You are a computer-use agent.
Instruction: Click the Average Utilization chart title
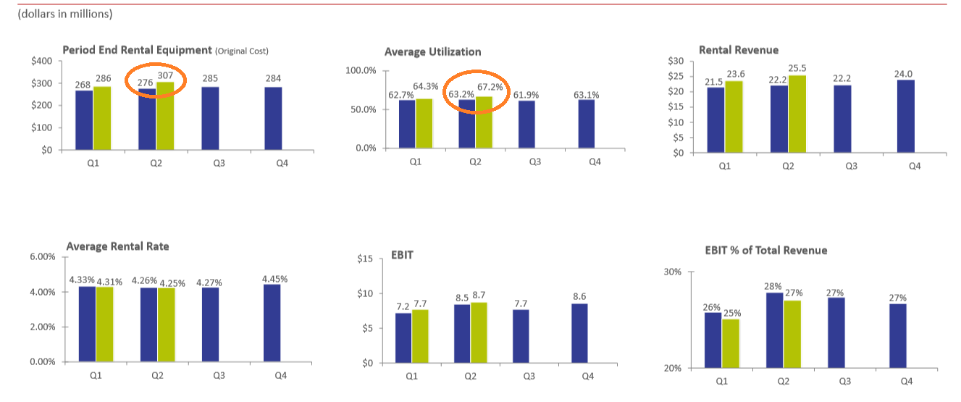(432, 51)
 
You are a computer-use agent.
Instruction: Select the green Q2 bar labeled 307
(165, 115)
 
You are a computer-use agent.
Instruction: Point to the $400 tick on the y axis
(41, 61)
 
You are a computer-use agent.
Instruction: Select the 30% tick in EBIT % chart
(673, 272)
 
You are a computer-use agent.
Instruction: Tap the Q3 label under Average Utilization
(534, 162)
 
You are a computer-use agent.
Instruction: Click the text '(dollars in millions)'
(65, 14)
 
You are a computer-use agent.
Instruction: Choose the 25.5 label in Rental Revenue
(797, 68)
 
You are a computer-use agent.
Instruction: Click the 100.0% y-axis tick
(361, 70)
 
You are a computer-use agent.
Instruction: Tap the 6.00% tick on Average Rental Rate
(41, 256)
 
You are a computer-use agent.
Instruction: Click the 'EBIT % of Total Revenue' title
(765, 251)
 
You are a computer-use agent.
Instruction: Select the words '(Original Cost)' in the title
(242, 51)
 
